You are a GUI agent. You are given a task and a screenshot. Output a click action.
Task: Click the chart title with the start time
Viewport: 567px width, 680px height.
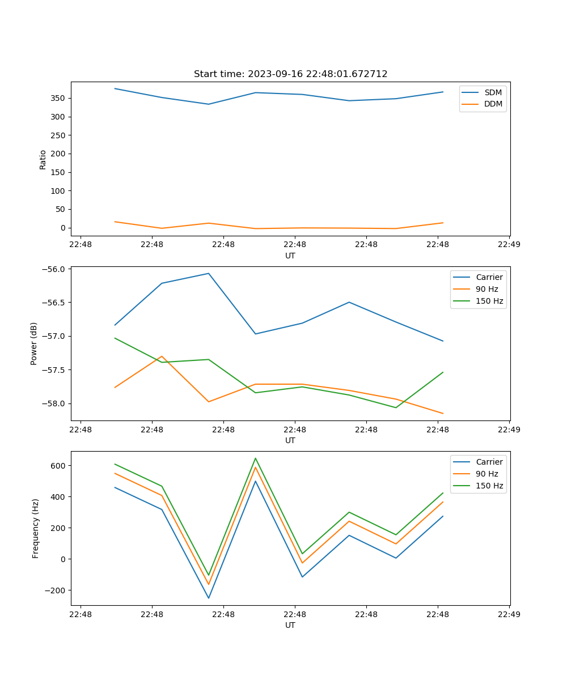point(290,74)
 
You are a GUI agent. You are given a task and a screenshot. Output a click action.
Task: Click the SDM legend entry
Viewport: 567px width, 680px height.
point(493,92)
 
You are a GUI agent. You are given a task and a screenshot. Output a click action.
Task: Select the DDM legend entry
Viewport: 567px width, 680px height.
point(493,104)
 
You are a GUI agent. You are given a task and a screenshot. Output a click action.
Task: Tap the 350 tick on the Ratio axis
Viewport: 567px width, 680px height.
point(59,98)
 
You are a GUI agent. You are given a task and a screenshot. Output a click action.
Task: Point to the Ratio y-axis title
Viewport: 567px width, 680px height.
point(43,159)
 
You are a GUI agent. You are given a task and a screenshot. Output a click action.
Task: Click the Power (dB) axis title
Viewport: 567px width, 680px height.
point(34,343)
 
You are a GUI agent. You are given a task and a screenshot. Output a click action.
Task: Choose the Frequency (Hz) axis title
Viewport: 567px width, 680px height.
point(36,528)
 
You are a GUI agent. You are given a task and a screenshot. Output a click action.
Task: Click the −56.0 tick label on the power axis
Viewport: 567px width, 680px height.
point(54,269)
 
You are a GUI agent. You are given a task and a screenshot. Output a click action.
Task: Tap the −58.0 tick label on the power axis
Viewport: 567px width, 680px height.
point(54,403)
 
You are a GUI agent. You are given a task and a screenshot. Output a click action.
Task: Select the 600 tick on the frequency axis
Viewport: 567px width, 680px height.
point(59,466)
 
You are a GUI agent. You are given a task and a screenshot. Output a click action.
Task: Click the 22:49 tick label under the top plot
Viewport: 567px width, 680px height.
point(509,245)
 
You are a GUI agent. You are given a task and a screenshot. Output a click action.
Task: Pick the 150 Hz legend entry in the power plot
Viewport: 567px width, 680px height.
point(489,301)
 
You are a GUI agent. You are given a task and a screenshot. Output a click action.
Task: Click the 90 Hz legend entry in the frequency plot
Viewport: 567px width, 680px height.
point(487,474)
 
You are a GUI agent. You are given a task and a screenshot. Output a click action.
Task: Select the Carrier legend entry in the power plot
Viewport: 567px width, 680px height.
point(489,277)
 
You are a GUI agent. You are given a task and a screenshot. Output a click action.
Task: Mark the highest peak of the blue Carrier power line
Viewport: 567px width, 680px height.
point(209,274)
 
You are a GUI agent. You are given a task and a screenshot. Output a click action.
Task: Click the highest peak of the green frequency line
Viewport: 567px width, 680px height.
point(255,458)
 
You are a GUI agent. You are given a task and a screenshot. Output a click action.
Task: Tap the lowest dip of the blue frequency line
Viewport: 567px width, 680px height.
point(209,598)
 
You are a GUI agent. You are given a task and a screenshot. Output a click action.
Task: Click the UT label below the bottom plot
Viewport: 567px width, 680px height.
point(290,625)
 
